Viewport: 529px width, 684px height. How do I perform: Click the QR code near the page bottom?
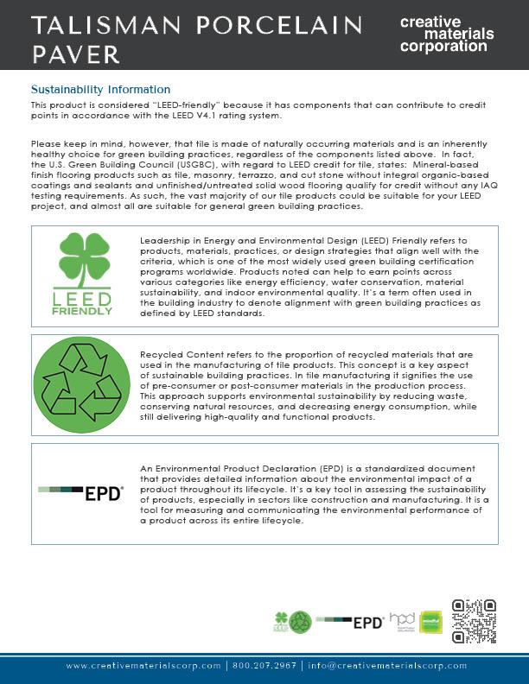[475, 621]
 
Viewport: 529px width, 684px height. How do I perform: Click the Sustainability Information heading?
[100, 90]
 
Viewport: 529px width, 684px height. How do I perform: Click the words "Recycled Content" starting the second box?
[179, 354]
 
